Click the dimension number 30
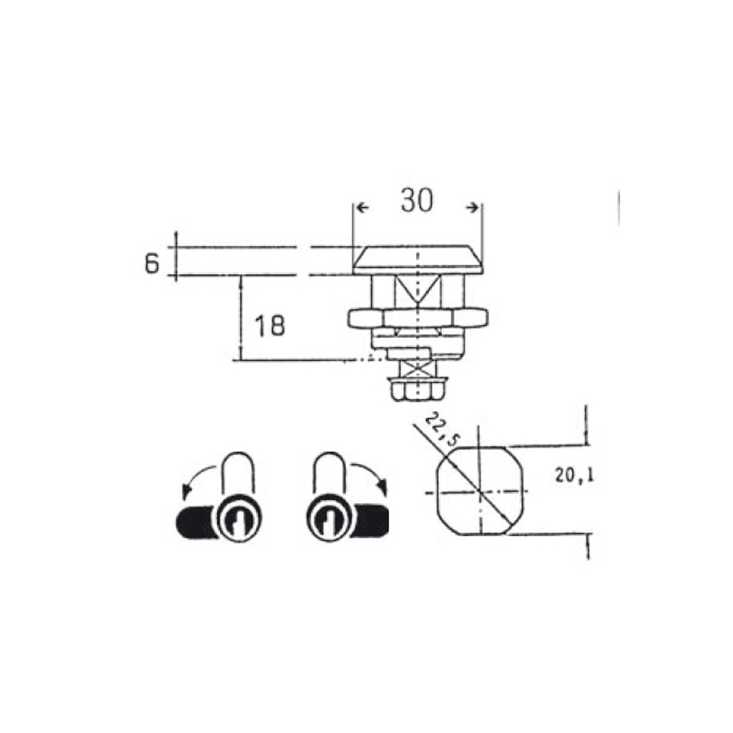(417, 201)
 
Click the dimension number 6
(152, 264)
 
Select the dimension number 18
(270, 326)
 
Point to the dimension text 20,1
(575, 476)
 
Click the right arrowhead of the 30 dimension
(473, 207)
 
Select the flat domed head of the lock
(418, 259)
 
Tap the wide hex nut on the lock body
(418, 318)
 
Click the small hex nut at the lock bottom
(418, 389)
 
